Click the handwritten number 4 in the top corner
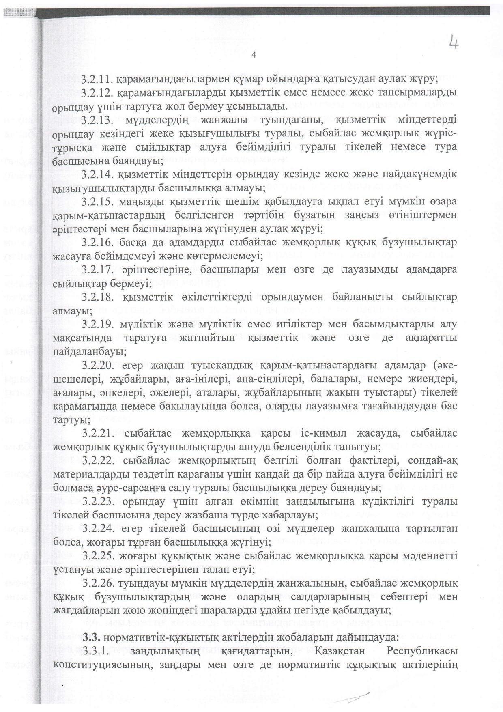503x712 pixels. click(453, 43)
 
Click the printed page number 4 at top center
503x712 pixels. click(254, 56)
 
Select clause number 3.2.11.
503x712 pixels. click(97, 78)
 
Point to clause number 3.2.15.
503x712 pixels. click(97, 202)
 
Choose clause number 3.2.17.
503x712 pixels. click(97, 270)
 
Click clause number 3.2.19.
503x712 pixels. click(97, 325)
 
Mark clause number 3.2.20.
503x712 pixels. click(97, 366)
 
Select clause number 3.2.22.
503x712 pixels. click(97, 461)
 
